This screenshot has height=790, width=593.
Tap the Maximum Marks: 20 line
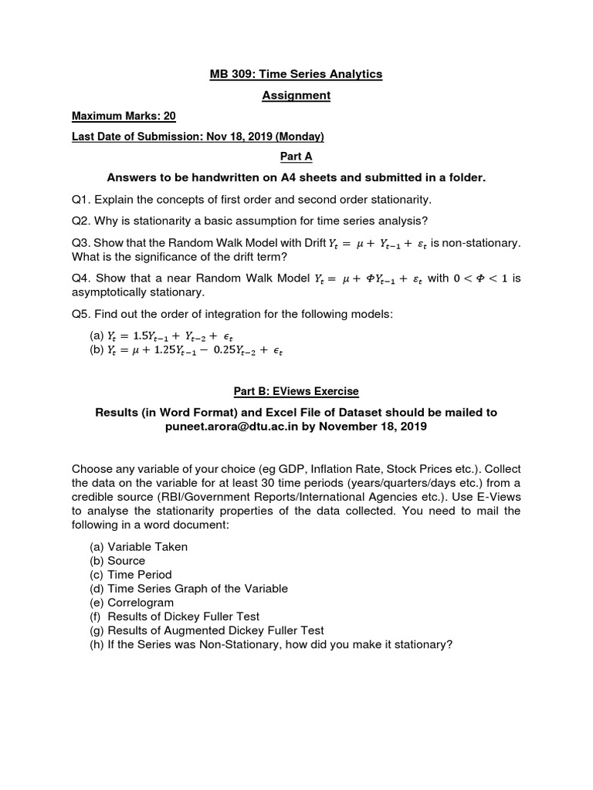124,116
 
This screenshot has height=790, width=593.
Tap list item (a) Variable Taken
139,546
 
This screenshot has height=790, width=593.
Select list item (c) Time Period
131,575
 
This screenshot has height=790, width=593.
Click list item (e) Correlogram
132,602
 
